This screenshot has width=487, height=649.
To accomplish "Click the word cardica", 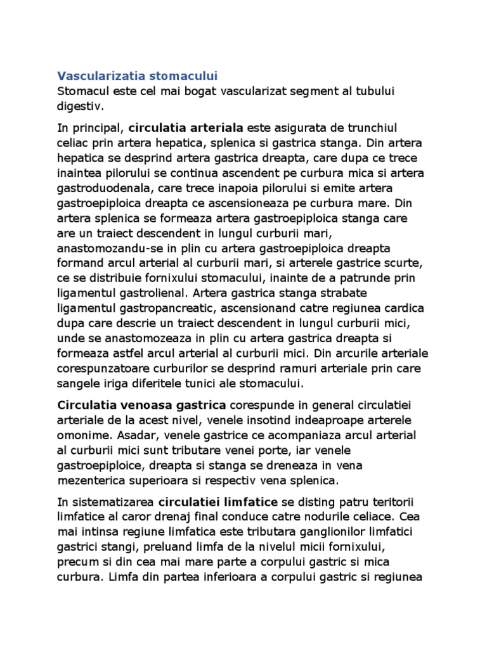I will coord(405,310).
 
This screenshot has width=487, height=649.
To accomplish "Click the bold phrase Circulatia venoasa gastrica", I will coord(141,404).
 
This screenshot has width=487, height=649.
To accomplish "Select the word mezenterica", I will coord(89,480).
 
